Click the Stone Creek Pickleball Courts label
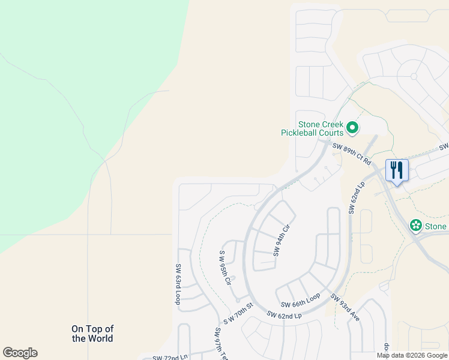[312, 128]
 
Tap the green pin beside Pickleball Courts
[352, 128]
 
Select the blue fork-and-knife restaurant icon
[396, 170]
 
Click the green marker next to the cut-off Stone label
[415, 226]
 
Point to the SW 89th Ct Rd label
[352, 155]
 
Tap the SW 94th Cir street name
[282, 240]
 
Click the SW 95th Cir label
[225, 267]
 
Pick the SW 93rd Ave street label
[345, 308]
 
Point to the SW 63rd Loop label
[178, 284]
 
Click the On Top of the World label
[92, 334]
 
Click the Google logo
[20, 353]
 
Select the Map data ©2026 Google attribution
[412, 355]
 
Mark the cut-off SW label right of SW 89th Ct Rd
[444, 146]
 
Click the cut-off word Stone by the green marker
[436, 226]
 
